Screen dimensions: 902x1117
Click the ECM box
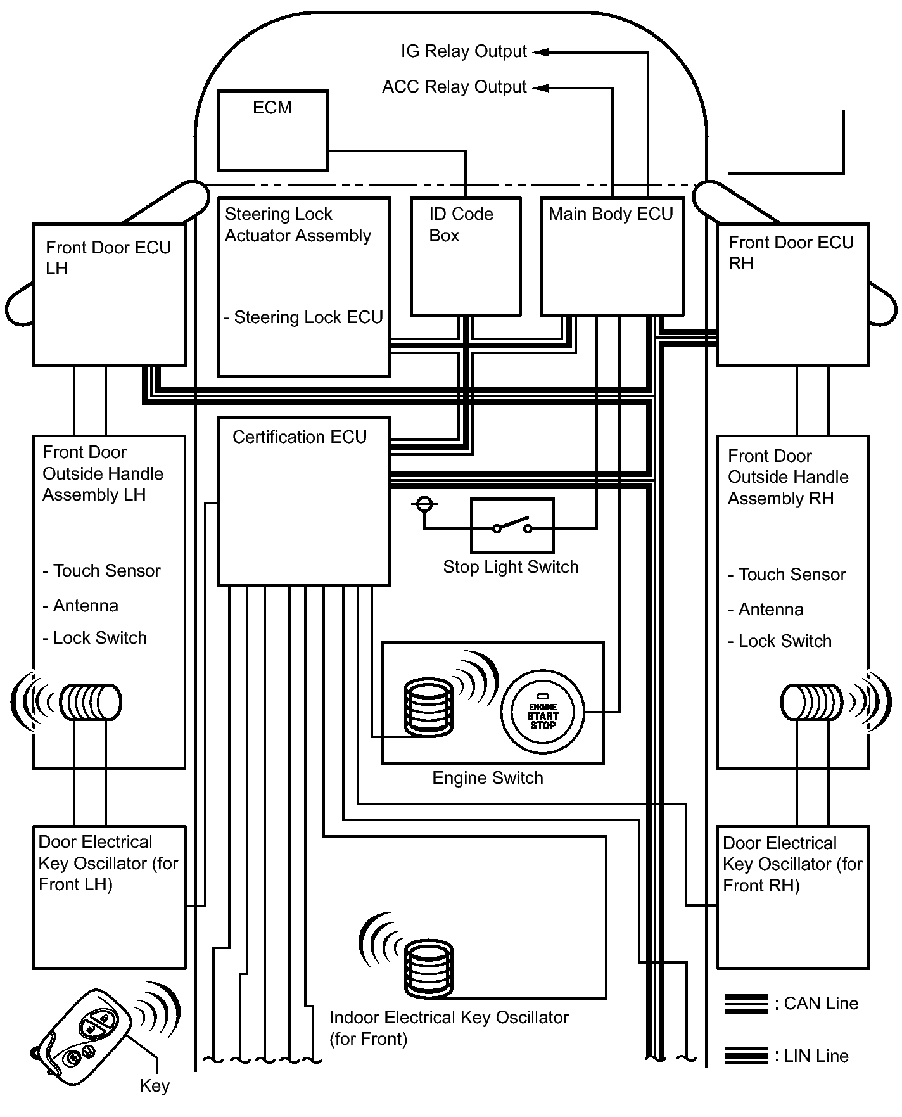click(x=273, y=131)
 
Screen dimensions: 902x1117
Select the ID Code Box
click(x=466, y=257)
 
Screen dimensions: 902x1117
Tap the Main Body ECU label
click(x=611, y=214)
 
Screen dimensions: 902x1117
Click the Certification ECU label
click(x=300, y=437)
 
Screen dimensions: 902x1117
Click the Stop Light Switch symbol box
click(x=512, y=526)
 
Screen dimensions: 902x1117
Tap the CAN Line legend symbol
click(x=746, y=1004)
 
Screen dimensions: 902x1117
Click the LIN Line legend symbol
click(x=746, y=1056)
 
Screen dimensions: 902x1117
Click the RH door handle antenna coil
click(x=811, y=702)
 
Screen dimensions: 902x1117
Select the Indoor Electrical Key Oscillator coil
click(x=429, y=968)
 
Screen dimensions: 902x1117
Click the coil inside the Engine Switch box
click(x=429, y=707)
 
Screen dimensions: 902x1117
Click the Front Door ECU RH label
click(x=791, y=253)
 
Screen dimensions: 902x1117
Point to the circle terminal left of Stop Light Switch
click(x=424, y=505)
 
